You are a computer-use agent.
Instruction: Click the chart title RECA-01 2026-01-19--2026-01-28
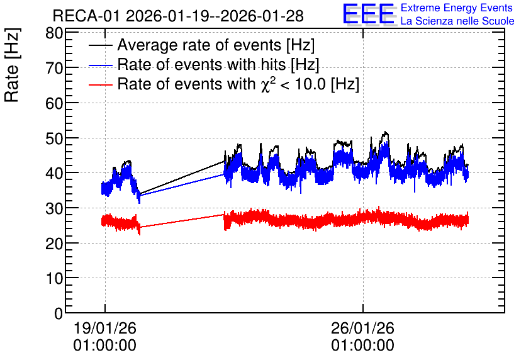[x=178, y=16]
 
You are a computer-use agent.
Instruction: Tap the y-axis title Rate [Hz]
[x=12, y=65]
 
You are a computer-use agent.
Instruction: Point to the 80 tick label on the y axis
[x=54, y=33]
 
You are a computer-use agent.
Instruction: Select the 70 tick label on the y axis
[x=54, y=68]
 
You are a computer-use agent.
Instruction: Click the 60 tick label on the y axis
[x=54, y=103]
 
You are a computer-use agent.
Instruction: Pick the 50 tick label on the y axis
[x=54, y=138]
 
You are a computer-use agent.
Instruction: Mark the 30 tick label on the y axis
[x=54, y=208]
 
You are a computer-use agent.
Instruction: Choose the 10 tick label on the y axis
[x=54, y=278]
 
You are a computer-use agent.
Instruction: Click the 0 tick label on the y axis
[x=59, y=313]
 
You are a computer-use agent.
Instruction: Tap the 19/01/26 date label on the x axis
[x=105, y=328]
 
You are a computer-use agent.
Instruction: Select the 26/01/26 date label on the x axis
[x=362, y=328]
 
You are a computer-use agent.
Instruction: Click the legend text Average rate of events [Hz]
[x=216, y=45]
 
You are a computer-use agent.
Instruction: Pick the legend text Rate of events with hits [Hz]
[x=218, y=64]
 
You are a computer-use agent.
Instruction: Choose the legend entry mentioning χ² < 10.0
[x=238, y=84]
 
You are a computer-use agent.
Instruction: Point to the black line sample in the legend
[x=101, y=45]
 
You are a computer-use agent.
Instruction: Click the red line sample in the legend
[x=101, y=85]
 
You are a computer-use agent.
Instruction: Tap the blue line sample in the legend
[x=101, y=65]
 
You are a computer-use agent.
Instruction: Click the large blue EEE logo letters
[x=369, y=14]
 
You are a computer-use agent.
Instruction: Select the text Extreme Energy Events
[x=457, y=8]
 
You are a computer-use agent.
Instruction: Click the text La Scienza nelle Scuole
[x=457, y=21]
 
